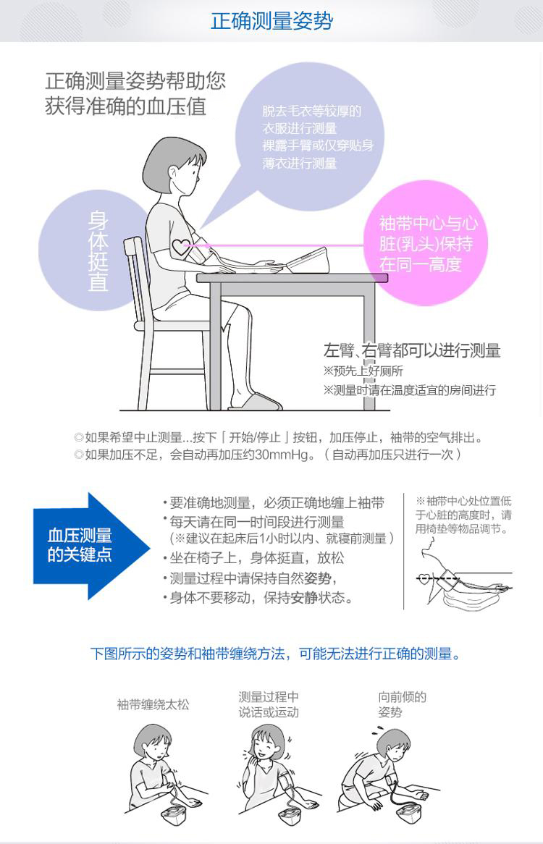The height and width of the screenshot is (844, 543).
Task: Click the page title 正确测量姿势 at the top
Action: pyautogui.click(x=271, y=21)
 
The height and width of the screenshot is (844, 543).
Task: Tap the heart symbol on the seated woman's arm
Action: pyautogui.click(x=181, y=247)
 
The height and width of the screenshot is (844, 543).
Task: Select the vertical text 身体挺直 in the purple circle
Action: pyautogui.click(x=98, y=251)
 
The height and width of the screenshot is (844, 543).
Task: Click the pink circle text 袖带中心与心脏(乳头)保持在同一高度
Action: pyautogui.click(x=428, y=244)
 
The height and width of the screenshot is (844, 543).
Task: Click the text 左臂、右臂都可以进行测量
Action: pyautogui.click(x=412, y=350)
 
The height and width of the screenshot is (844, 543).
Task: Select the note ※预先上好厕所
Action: pyautogui.click(x=363, y=371)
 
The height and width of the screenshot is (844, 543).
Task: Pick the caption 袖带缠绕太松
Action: pyautogui.click(x=153, y=704)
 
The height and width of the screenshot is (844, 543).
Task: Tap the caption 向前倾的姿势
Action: pyautogui.click(x=402, y=704)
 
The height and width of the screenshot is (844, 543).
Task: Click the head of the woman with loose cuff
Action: pyautogui.click(x=152, y=742)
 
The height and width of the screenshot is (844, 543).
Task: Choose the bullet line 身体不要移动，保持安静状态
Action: pyautogui.click(x=258, y=598)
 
